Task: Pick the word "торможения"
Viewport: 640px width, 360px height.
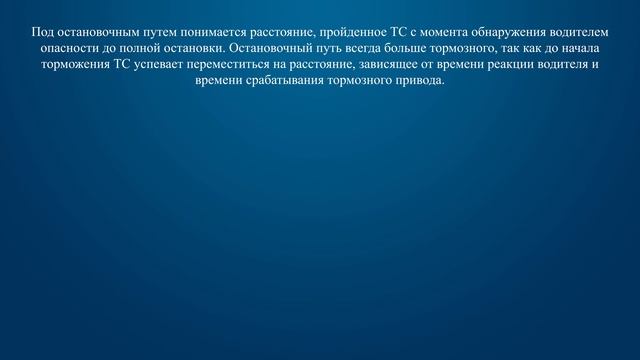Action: click(x=79, y=65)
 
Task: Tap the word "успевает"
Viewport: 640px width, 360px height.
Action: click(x=168, y=65)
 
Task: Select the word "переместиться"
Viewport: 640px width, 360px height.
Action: click(x=242, y=65)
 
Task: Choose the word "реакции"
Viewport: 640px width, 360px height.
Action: click(x=506, y=65)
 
